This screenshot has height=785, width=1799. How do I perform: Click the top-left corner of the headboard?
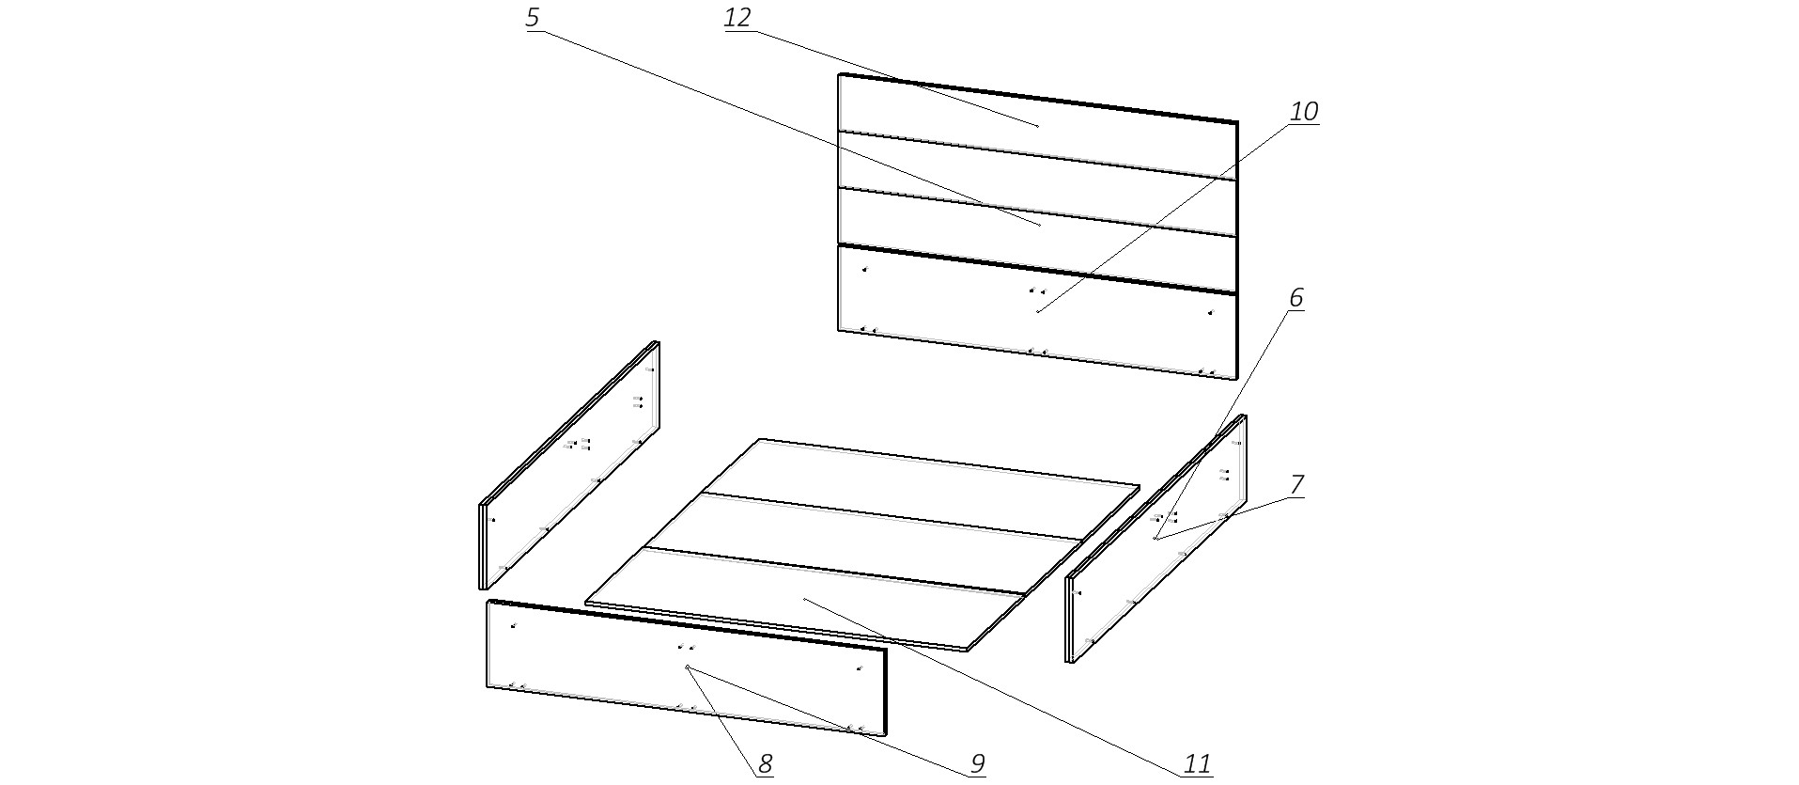[x=839, y=74]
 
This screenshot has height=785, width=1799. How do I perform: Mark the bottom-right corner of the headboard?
[x=1236, y=378]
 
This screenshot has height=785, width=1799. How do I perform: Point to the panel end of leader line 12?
[x=1038, y=126]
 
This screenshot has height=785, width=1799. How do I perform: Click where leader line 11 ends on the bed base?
[x=804, y=598]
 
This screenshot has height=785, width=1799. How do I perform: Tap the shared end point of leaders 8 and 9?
[x=688, y=667]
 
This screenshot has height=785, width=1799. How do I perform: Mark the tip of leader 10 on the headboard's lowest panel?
[x=1036, y=312]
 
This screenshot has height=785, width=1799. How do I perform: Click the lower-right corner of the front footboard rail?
[x=885, y=734]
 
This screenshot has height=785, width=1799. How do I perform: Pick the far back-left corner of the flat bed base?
[x=760, y=439]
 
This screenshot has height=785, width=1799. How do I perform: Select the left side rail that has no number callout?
[x=569, y=465]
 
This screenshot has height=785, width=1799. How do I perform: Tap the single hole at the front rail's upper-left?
[x=513, y=625]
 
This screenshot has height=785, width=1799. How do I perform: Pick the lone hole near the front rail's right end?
[x=859, y=667]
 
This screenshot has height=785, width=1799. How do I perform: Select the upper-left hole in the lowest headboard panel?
[x=864, y=270]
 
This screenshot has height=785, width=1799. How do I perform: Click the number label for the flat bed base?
[x=1197, y=764]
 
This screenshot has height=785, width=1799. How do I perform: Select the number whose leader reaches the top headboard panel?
[x=738, y=18]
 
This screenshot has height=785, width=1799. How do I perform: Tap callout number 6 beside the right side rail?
[x=1295, y=298]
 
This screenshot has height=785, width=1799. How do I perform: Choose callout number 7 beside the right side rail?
[x=1296, y=485]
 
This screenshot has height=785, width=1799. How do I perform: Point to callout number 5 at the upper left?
[x=533, y=18]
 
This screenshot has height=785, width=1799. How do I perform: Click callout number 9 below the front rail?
[x=977, y=764]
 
